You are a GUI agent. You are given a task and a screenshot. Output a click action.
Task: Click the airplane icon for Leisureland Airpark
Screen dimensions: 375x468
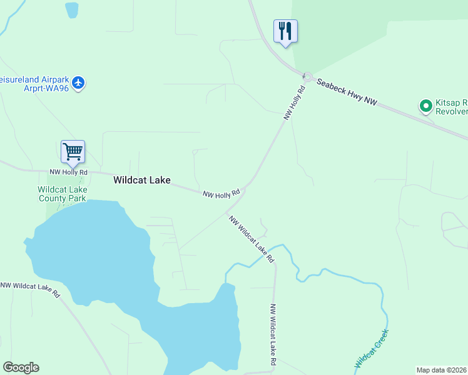coord(78,82)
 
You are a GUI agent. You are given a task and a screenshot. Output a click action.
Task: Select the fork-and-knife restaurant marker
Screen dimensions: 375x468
coord(285,31)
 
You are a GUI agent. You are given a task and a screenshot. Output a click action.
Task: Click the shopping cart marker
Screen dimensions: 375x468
coord(73,151)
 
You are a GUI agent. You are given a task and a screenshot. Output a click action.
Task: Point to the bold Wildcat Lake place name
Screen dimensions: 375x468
coord(141,180)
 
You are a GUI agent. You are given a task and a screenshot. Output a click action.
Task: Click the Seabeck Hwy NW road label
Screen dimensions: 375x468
coord(346,92)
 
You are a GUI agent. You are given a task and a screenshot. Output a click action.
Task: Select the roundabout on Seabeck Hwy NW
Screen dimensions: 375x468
coord(307,76)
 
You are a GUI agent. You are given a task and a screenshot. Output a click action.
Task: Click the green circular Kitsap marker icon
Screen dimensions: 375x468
coord(426,106)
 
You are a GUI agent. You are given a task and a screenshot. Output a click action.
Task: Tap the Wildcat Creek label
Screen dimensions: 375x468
coord(372,347)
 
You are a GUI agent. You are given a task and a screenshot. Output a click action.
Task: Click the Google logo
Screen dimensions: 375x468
coord(21,367)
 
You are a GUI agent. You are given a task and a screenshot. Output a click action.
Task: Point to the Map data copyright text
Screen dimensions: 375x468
coord(442,370)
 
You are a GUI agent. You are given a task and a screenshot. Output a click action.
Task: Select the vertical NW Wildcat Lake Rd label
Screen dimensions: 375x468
coord(273,334)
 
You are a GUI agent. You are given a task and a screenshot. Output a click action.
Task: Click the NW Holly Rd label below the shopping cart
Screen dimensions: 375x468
coord(69,172)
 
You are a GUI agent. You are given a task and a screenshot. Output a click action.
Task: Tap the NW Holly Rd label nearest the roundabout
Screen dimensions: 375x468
coord(295,102)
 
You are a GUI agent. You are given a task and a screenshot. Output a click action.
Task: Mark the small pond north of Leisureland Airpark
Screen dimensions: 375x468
coord(72,9)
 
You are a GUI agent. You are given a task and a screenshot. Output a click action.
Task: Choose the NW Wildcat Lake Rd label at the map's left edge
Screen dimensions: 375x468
coord(29,289)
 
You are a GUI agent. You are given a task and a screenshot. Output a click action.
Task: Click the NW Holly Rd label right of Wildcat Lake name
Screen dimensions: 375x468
coord(221,194)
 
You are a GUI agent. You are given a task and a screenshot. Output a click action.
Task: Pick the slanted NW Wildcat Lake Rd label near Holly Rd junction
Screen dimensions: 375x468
coord(251,239)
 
